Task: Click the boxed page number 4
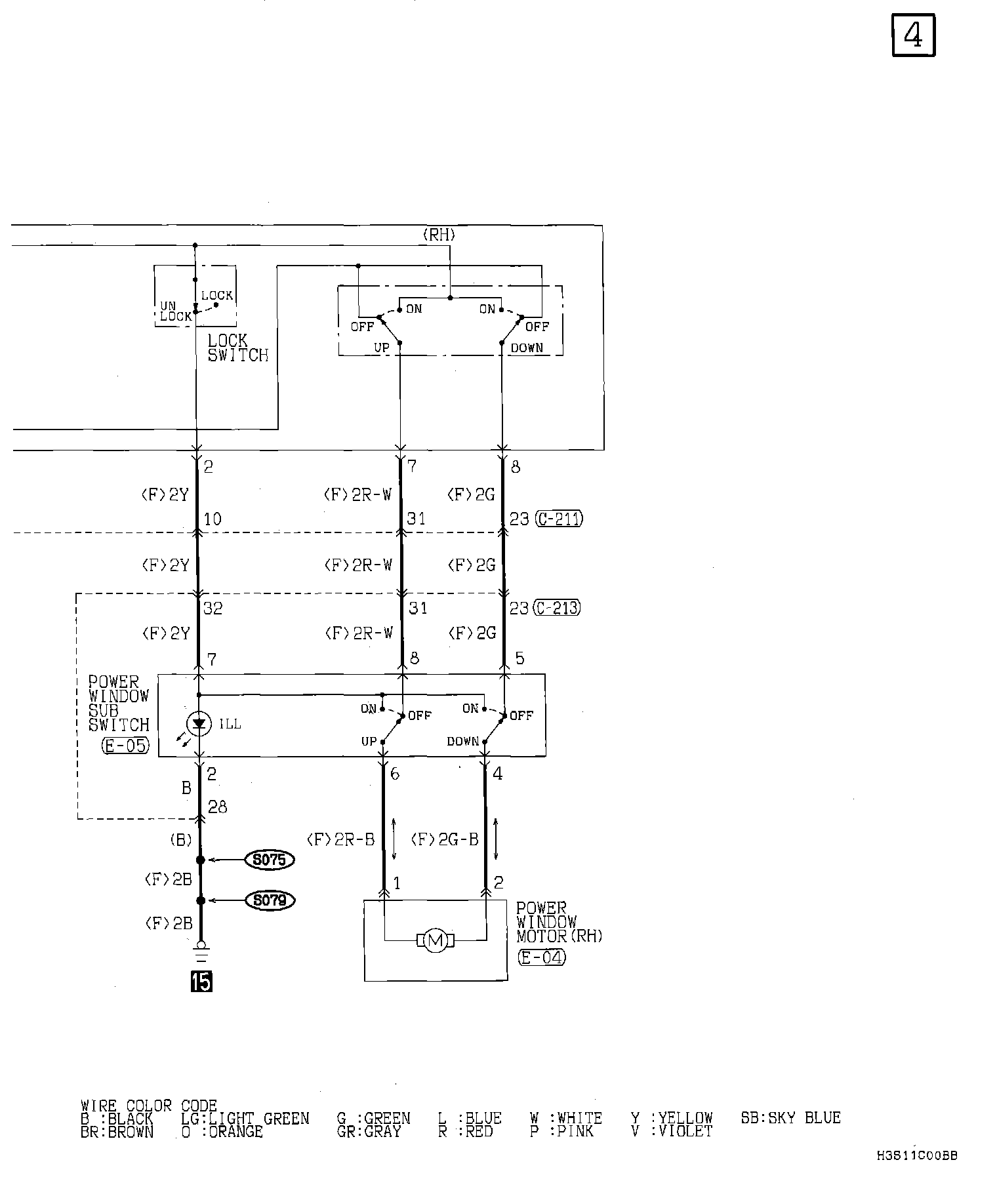(x=913, y=35)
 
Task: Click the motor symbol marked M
(x=435, y=941)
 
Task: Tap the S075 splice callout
(x=269, y=860)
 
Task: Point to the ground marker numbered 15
(x=201, y=982)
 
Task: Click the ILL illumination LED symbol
(x=199, y=724)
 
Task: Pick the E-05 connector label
(x=126, y=746)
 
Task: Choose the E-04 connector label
(x=542, y=957)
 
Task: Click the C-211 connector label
(x=559, y=519)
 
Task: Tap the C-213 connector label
(x=558, y=609)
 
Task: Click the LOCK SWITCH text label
(x=237, y=348)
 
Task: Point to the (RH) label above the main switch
(x=439, y=235)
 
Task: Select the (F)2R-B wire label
(x=340, y=840)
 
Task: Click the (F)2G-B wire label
(x=445, y=840)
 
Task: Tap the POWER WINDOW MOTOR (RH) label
(x=558, y=922)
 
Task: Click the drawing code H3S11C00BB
(x=916, y=1155)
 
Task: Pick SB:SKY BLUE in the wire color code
(x=790, y=1117)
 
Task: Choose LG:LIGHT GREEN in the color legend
(x=245, y=1119)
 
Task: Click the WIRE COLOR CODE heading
(x=148, y=1106)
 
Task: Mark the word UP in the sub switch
(x=369, y=742)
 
